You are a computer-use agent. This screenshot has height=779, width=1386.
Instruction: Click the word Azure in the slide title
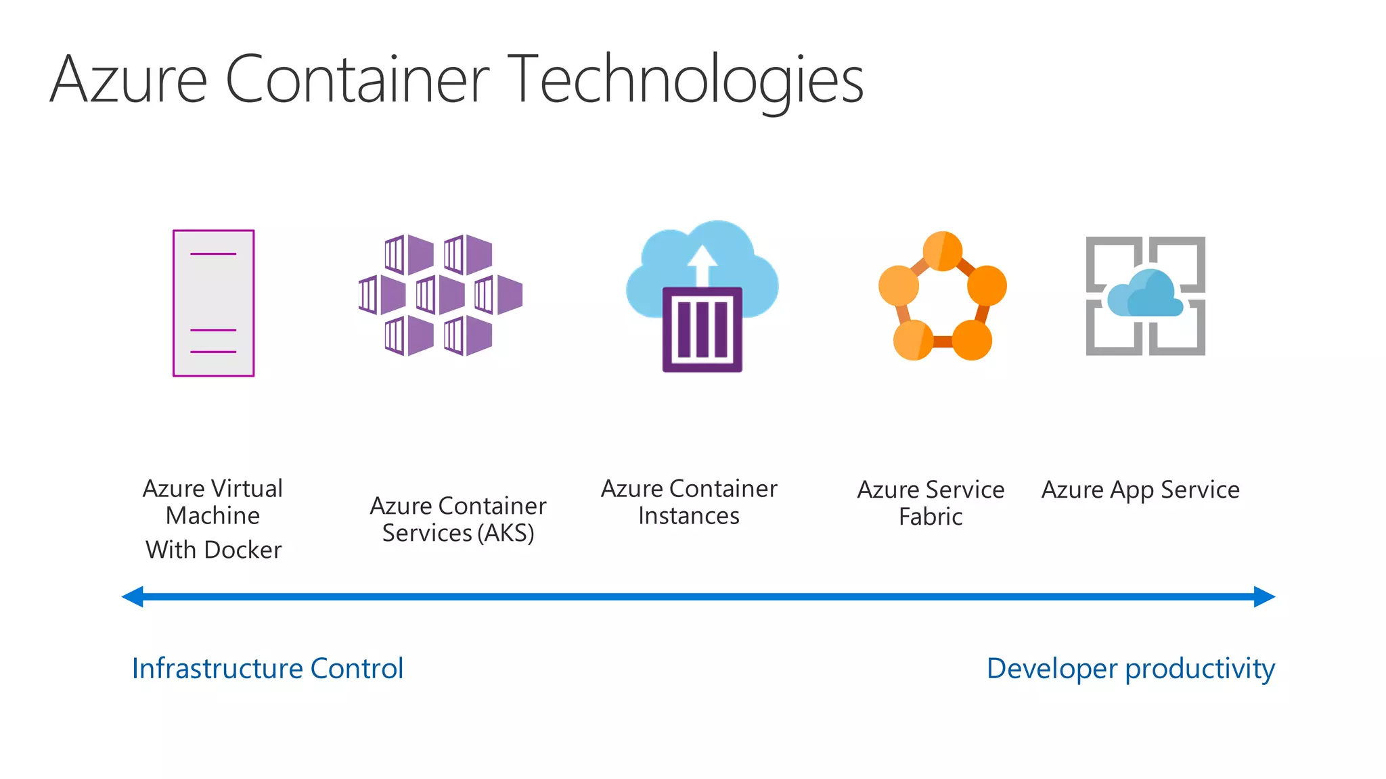pyautogui.click(x=129, y=80)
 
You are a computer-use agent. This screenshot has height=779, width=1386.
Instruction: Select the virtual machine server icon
pyautogui.click(x=213, y=303)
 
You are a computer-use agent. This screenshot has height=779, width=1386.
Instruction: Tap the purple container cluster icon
pyautogui.click(x=440, y=295)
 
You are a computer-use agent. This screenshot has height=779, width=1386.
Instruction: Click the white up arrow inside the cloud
pyautogui.click(x=702, y=264)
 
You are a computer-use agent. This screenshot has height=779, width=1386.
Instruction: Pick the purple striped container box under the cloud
pyautogui.click(x=702, y=329)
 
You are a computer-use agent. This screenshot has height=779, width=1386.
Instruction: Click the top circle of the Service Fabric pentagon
pyautogui.click(x=942, y=251)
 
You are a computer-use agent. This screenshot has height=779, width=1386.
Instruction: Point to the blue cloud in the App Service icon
pyautogui.click(x=1146, y=295)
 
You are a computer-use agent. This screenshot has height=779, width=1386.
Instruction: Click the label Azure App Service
pyautogui.click(x=1140, y=490)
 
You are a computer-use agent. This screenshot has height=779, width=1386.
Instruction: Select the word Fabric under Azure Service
pyautogui.click(x=931, y=517)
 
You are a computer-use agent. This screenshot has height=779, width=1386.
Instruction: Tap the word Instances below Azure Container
pyautogui.click(x=688, y=516)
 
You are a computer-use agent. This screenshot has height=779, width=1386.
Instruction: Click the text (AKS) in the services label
pyautogui.click(x=506, y=534)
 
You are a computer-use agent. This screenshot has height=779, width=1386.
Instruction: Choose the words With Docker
pyautogui.click(x=213, y=550)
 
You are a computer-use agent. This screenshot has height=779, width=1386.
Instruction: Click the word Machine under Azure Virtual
pyautogui.click(x=213, y=516)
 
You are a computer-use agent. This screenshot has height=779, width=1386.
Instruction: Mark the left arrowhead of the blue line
pyautogui.click(x=133, y=596)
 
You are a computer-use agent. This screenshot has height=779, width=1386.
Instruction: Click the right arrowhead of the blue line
pyautogui.click(x=1264, y=596)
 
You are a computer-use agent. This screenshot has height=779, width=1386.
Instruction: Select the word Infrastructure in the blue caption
pyautogui.click(x=217, y=669)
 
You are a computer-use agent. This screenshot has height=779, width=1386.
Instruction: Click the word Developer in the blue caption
pyautogui.click(x=1052, y=669)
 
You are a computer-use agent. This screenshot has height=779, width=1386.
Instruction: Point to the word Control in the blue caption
pyautogui.click(x=357, y=669)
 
